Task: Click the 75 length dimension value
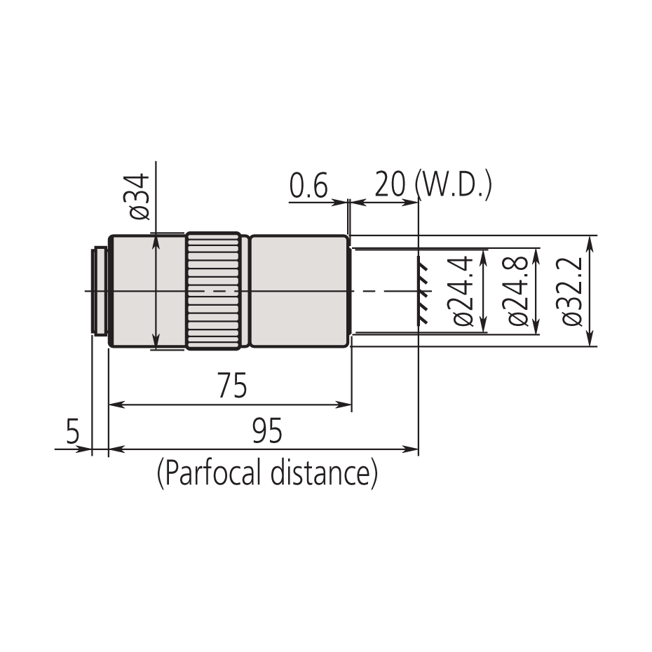tap(232, 387)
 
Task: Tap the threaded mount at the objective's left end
tap(100, 290)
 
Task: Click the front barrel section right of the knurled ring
tap(299, 290)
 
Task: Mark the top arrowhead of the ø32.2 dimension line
tap(590, 241)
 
